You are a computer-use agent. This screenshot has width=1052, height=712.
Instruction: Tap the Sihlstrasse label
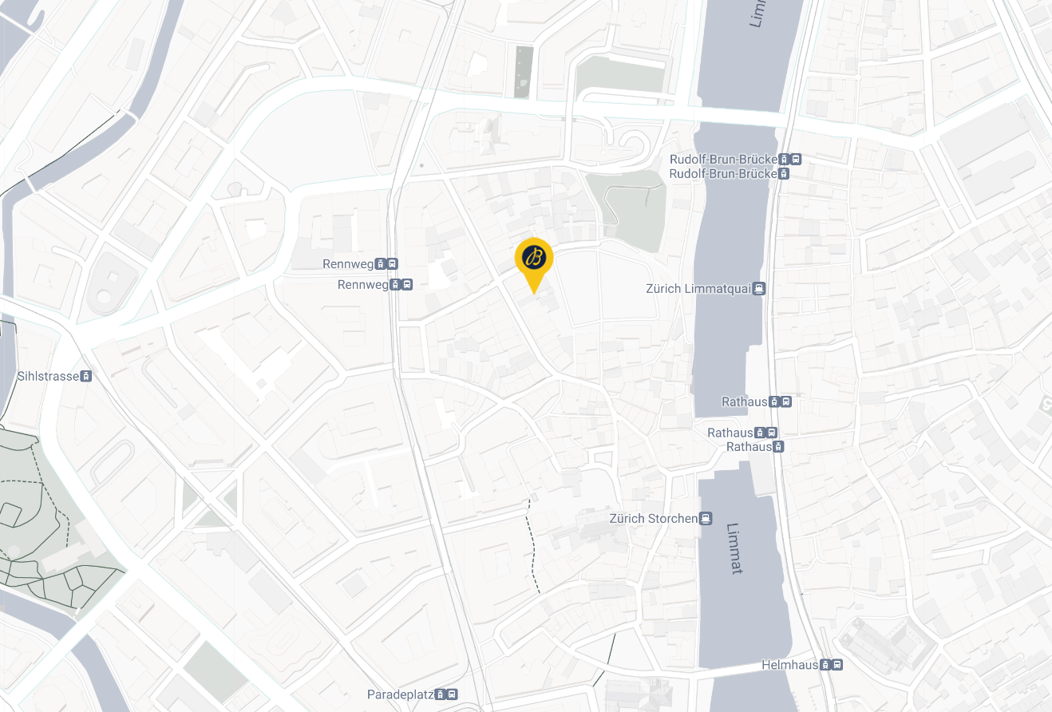[49, 376]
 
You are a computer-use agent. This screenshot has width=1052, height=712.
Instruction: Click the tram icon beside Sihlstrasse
[86, 376]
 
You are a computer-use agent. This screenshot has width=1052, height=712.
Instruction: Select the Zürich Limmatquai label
[698, 289]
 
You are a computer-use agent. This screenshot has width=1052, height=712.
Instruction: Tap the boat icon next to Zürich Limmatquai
[759, 289]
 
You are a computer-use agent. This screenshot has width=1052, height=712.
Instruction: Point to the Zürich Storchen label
[653, 519]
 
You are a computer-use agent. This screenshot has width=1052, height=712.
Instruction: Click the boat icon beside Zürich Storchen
[706, 519]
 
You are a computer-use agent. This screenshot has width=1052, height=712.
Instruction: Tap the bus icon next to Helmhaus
[836, 665]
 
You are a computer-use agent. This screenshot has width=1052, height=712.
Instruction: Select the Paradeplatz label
[400, 694]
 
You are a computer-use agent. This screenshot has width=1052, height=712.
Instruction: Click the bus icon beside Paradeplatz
[453, 694]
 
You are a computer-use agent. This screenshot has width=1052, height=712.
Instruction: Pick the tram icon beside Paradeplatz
[441, 694]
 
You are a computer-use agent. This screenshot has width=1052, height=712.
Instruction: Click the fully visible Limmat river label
[735, 548]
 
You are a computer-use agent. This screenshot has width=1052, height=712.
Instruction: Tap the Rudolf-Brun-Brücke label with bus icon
[723, 159]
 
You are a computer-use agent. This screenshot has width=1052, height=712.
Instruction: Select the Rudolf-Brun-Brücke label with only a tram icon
[723, 173]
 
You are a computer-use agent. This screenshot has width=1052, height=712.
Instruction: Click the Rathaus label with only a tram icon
[749, 447]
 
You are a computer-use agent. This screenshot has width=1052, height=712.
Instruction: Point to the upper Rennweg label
[349, 264]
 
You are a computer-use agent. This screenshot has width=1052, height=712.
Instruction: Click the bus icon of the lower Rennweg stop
[407, 285]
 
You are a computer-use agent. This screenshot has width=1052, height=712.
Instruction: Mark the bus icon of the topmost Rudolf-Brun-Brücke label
[796, 159]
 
